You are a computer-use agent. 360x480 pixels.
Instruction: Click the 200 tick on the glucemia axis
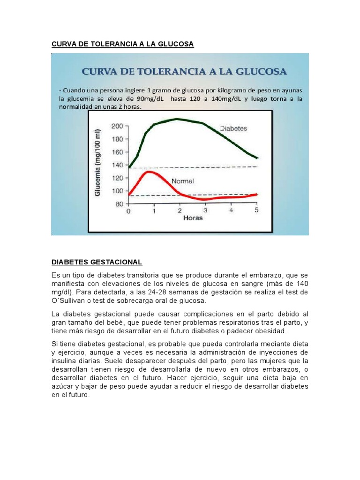[x=117, y=126]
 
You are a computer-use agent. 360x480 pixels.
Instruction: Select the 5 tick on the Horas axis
[x=256, y=211]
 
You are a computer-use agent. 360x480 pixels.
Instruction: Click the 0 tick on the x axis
[x=129, y=211]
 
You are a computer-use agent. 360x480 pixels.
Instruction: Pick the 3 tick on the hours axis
[x=205, y=211]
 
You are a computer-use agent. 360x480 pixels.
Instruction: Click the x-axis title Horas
[x=192, y=218]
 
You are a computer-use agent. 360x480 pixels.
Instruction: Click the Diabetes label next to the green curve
[x=233, y=128]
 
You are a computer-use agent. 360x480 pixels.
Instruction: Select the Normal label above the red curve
[x=182, y=180]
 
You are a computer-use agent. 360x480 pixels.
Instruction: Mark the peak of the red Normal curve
[x=149, y=172]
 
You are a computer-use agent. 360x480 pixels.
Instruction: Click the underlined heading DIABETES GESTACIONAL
[x=97, y=262]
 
